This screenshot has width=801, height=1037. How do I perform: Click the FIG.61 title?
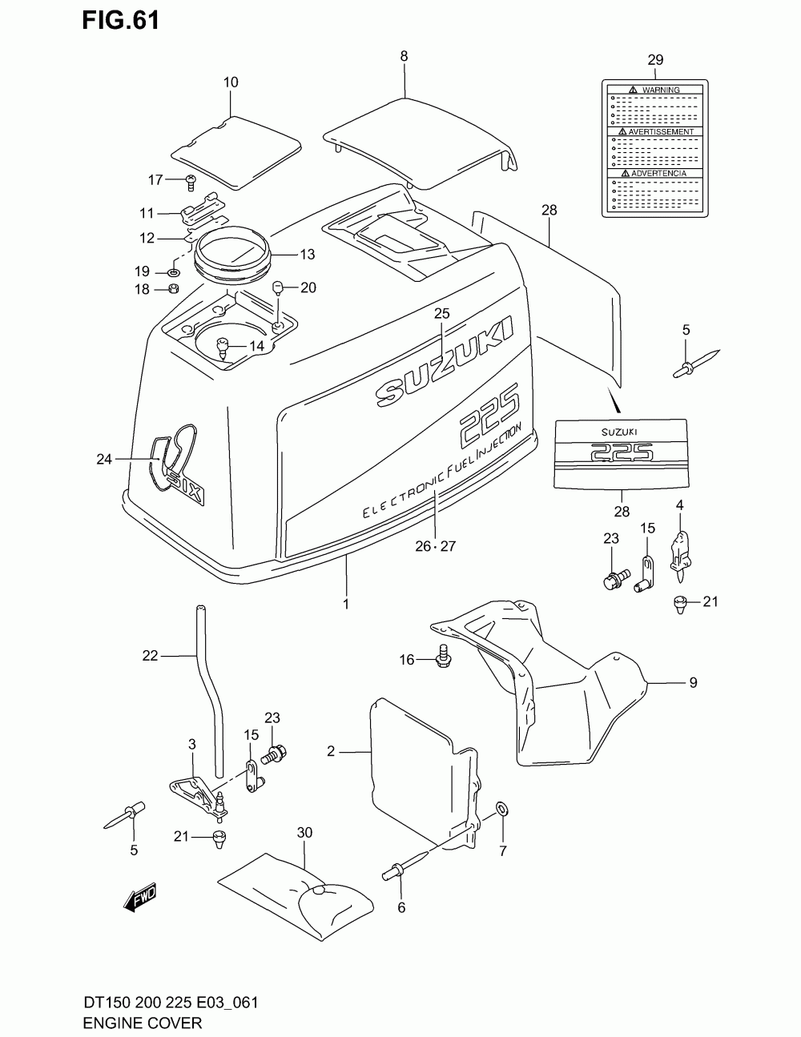[120, 19]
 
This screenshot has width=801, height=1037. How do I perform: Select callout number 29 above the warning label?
[655, 59]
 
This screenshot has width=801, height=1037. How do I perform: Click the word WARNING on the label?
[661, 90]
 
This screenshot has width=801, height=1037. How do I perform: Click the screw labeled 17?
[191, 181]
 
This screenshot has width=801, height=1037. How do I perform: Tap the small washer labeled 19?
[174, 272]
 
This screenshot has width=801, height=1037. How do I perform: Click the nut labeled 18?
[173, 289]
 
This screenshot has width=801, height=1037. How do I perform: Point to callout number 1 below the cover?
[346, 605]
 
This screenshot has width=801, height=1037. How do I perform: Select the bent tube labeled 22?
[207, 689]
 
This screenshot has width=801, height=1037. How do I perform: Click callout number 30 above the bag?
[304, 833]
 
